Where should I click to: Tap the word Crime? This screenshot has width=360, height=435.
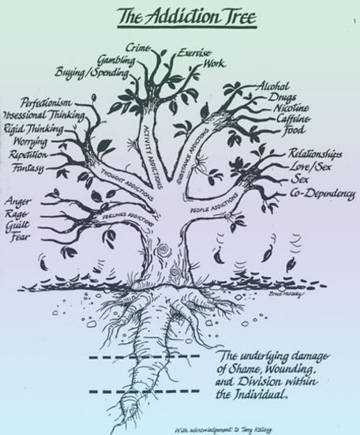139,49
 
